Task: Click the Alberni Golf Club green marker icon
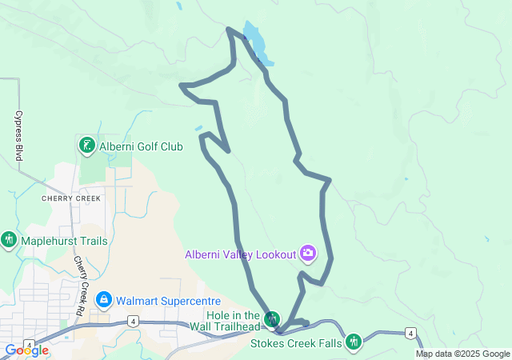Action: (86, 146)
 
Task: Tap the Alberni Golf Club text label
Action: (141, 146)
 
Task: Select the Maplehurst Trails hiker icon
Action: (9, 239)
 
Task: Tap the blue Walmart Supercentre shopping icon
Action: (103, 300)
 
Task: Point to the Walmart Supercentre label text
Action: (166, 301)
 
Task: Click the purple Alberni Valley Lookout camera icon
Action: (308, 254)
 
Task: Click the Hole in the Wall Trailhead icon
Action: (273, 319)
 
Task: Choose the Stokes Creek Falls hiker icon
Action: (354, 342)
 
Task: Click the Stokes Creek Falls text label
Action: (296, 343)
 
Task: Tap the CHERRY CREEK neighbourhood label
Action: (71, 198)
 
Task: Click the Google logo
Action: (27, 350)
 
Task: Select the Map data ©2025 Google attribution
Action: (462, 354)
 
